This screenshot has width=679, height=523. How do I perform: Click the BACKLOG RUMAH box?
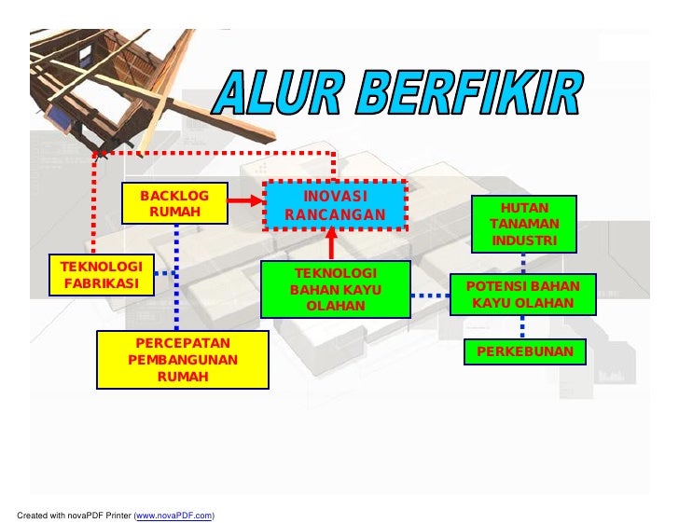(174, 203)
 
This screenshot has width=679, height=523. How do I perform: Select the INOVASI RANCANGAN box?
(335, 206)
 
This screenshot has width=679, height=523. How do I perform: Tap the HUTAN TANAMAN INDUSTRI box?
(524, 224)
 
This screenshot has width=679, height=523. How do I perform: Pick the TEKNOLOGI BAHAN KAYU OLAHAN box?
(336, 289)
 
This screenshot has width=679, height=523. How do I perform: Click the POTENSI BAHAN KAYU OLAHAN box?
(522, 295)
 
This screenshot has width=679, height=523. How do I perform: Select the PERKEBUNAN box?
(524, 352)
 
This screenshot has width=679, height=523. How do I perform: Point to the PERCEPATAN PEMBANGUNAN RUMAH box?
(182, 360)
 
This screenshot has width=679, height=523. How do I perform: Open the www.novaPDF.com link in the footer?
(174, 515)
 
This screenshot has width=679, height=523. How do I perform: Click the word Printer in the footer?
(117, 515)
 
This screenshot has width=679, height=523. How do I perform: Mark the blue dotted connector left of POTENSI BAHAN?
(430, 296)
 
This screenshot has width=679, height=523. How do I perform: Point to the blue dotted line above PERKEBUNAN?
(522, 326)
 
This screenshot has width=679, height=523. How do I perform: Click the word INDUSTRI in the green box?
(524, 241)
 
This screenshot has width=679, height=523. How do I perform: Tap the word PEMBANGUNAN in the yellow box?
(182, 360)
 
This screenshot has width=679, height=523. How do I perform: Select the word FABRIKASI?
(102, 282)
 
